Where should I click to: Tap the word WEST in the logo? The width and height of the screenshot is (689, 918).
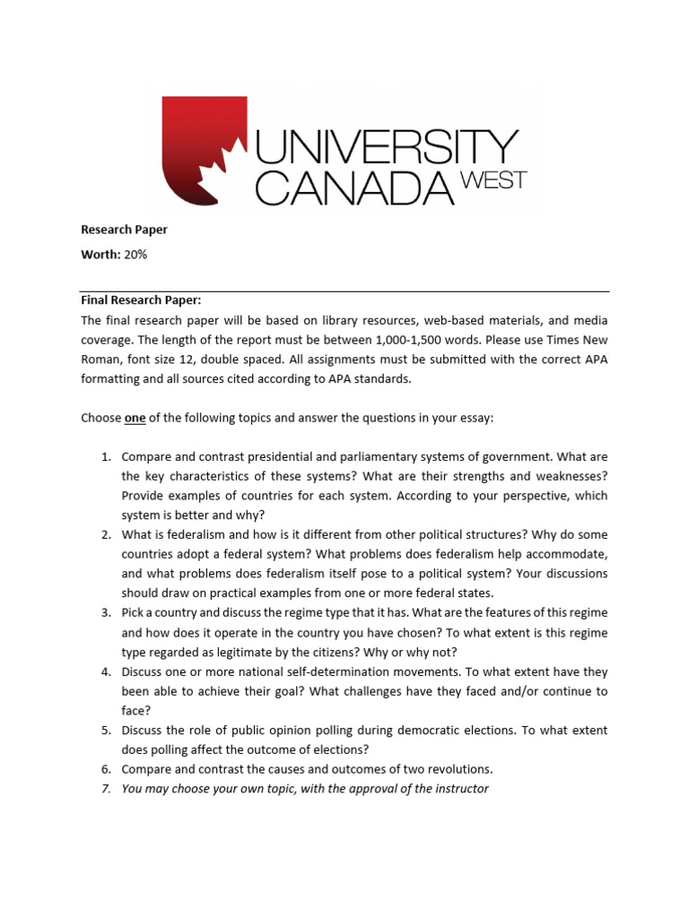click(493, 178)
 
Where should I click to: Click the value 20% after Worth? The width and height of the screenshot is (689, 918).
click(135, 255)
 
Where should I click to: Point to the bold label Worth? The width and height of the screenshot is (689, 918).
click(100, 255)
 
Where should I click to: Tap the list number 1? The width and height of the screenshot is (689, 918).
click(104, 456)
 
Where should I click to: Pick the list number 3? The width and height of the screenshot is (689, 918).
click(104, 613)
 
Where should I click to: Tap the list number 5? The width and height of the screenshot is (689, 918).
click(104, 731)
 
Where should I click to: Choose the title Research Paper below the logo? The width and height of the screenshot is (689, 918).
click(124, 229)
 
